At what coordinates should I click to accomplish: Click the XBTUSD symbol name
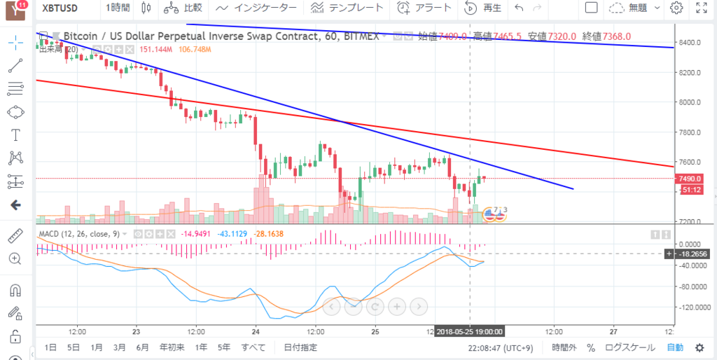[x=60, y=8]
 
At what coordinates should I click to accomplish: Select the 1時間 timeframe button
[x=118, y=8]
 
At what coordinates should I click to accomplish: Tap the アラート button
[x=424, y=8]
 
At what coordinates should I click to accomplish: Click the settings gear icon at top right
[x=676, y=8]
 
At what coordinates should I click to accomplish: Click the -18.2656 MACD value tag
[x=692, y=254]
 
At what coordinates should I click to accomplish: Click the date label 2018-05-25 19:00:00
[x=469, y=331]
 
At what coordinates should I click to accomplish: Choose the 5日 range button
[x=74, y=347]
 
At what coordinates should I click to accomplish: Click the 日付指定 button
[x=300, y=347]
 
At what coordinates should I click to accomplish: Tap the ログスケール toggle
[x=630, y=347]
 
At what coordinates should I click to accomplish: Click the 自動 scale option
[x=675, y=347]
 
